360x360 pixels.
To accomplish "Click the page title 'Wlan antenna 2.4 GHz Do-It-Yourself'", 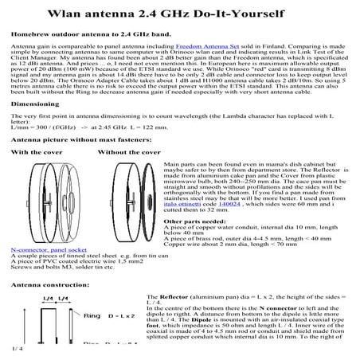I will [x=181, y=14].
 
